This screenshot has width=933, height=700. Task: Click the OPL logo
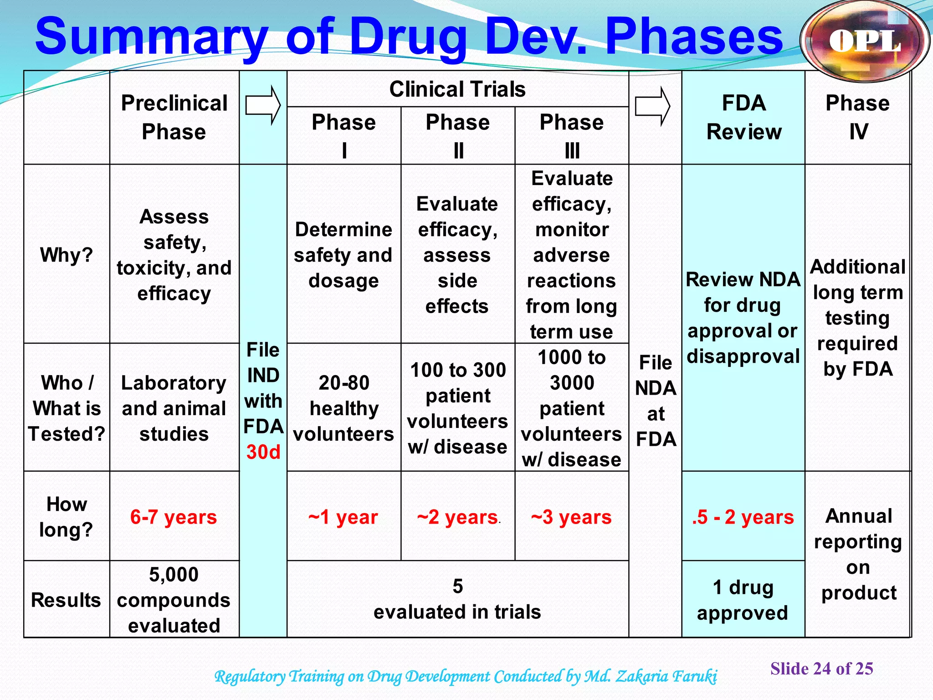(864, 41)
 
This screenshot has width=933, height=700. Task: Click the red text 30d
(263, 452)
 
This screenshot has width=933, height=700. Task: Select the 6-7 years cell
(174, 517)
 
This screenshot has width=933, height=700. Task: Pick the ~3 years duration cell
(571, 517)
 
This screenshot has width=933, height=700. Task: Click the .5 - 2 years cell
(743, 517)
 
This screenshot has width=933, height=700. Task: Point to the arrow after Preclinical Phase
(263, 105)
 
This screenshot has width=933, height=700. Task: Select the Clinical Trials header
(457, 89)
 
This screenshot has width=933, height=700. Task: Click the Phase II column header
(457, 135)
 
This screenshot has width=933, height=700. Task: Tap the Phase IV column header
(857, 117)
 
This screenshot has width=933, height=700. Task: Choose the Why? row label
(67, 254)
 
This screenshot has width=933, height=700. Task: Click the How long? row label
(67, 516)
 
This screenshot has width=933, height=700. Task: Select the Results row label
(67, 600)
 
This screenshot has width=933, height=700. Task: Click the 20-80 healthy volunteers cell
(343, 408)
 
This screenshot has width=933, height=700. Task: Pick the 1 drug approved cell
(743, 600)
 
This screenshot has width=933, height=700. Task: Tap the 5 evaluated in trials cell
(457, 599)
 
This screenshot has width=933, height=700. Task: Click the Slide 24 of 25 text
(821, 669)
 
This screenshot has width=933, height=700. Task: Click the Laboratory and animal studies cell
(174, 408)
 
